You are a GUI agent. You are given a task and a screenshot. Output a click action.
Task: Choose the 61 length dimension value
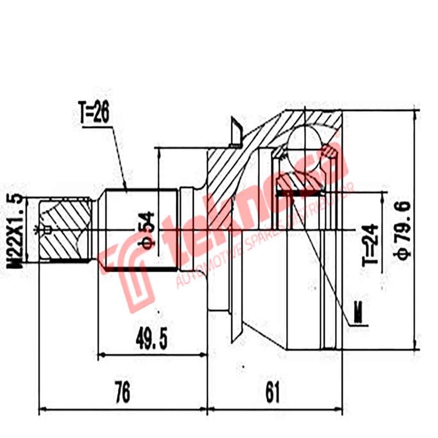(272, 393)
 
